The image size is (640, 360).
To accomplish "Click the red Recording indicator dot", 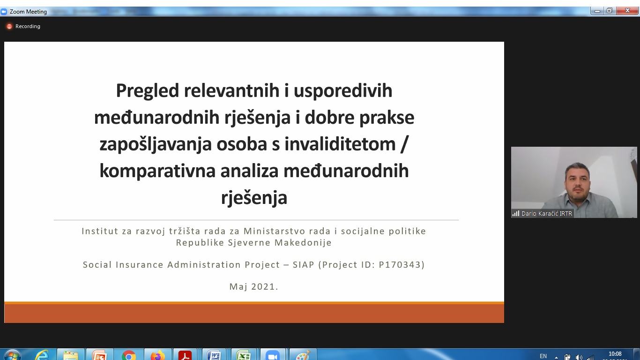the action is pos(9,26).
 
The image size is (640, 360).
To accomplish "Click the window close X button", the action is pos(627,11).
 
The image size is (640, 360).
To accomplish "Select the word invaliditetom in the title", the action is pos(340,144).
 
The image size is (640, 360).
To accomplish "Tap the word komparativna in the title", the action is pos(157,171).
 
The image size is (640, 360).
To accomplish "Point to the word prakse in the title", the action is pos(387,118).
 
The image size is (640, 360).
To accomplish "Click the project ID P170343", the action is pos(400,264).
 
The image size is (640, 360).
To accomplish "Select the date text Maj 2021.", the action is pos(254,286).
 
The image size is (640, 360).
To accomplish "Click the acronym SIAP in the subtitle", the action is pos(304,264).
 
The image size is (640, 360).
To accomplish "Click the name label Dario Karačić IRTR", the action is pos(547,214).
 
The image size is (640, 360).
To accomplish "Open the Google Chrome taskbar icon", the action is pos(128,356).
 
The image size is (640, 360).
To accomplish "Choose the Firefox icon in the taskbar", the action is pos(158,356).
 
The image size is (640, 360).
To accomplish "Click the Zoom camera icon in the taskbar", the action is pos(273,356).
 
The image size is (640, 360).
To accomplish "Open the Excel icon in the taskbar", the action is pos(243,356).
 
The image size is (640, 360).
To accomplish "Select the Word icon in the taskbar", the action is pos(214,356).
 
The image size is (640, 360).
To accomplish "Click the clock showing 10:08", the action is pos(615,354).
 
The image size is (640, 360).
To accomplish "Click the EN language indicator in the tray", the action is pos(543,356).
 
